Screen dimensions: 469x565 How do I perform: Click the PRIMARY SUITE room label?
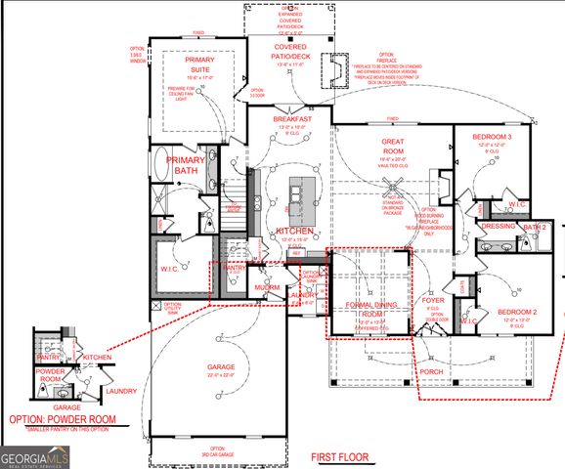click(199, 65)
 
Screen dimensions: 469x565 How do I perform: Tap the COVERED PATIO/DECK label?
click(293, 51)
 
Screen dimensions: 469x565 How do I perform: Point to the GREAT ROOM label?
click(392, 148)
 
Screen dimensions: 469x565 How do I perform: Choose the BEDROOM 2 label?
click(517, 313)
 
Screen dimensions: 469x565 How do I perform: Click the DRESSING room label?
click(498, 226)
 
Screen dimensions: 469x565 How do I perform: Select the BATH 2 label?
click(534, 227)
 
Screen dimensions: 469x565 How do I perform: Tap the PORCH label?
click(432, 372)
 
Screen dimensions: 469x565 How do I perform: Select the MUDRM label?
click(268, 287)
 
